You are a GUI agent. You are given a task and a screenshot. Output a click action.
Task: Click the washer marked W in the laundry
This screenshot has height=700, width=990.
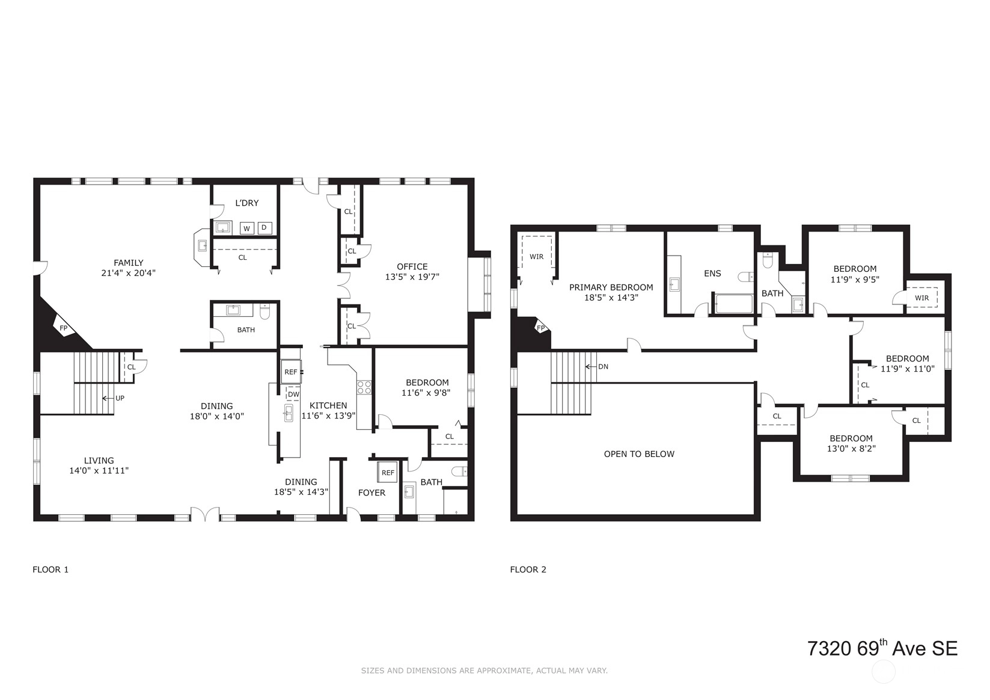tap(246, 228)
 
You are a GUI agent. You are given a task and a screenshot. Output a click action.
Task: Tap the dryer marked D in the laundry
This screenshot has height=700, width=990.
tap(264, 228)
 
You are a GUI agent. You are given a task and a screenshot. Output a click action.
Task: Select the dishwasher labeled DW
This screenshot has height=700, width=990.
tap(293, 394)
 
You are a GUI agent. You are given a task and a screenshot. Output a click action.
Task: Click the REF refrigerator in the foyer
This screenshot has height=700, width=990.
tap(388, 472)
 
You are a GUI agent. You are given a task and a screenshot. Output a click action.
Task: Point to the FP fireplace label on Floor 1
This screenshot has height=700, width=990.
tap(64, 328)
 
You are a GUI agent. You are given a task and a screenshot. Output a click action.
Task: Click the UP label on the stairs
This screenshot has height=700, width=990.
tap(120, 398)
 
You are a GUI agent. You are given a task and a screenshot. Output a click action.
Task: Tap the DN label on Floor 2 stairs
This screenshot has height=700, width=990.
tap(603, 367)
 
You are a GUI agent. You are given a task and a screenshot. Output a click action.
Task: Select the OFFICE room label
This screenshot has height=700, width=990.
tap(412, 266)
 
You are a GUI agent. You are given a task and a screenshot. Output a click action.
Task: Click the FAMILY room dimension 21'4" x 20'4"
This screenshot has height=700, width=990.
tap(128, 273)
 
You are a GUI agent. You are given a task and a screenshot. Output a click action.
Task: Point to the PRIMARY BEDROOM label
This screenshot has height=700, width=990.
tap(611, 287)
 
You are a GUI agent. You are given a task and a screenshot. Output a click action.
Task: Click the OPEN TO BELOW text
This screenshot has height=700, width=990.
tap(639, 454)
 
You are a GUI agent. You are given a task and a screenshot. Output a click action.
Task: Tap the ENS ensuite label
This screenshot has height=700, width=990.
tap(712, 274)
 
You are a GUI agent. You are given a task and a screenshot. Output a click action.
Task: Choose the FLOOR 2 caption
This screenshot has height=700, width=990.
tap(528, 570)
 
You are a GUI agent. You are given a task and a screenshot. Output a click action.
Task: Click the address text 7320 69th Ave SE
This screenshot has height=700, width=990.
tap(882, 648)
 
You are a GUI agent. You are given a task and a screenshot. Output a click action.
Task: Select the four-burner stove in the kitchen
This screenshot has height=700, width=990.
tap(364, 387)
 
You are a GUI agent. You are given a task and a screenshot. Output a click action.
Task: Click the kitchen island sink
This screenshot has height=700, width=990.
tap(288, 413)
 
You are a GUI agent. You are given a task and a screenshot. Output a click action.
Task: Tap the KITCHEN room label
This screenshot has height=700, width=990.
tap(328, 405)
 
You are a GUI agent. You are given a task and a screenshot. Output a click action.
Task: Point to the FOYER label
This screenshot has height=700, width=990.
tap(371, 493)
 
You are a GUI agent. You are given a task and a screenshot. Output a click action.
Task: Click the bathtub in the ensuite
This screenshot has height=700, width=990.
tap(734, 304)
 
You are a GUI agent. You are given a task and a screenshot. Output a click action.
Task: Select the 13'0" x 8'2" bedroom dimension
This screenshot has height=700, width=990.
tap(851, 449)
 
